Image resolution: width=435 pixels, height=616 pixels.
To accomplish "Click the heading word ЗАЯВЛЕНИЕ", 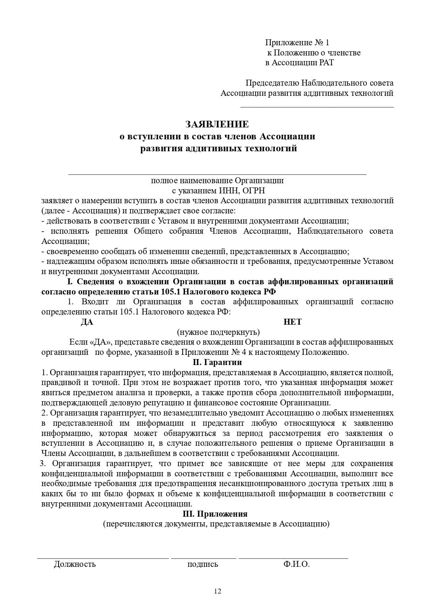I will tap(217, 124).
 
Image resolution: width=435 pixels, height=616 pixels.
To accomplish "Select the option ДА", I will tap(87, 322).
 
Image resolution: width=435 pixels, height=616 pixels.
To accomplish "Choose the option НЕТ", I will tap(292, 322).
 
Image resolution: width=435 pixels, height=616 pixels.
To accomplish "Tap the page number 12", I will tap(217, 591).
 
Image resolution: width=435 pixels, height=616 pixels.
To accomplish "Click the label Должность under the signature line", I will tap(75, 564).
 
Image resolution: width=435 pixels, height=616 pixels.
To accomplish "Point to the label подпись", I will tap(203, 564).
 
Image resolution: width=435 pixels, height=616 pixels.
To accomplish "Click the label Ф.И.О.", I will tap(297, 564).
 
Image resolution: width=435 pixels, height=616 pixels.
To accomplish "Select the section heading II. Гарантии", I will tap(217, 362).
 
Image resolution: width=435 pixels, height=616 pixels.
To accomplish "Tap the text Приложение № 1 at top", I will tap(297, 42).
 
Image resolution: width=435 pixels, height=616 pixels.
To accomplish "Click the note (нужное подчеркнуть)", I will tap(218, 332).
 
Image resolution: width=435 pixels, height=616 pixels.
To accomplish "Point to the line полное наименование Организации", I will tap(217, 181).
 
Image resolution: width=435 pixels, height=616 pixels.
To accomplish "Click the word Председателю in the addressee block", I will tap(272, 83).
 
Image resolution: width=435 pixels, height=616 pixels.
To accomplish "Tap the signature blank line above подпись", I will tap(204, 557).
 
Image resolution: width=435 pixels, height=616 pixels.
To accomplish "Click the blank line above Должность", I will tap(103, 557).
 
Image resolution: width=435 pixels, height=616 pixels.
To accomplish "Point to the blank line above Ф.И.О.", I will tap(293, 557).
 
